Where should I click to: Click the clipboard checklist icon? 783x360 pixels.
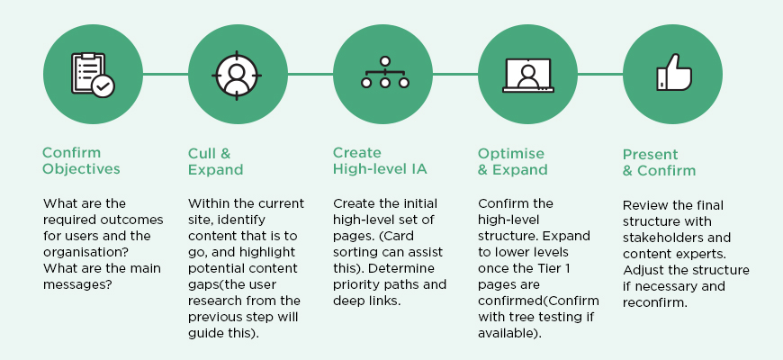pos(93,75)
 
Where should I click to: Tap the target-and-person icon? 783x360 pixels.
pos(238,76)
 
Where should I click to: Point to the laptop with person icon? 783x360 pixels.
pos(527,76)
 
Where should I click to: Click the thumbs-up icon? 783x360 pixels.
pos(673,72)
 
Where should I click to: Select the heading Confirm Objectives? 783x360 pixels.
pos(81,161)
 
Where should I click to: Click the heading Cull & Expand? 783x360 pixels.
pos(215,161)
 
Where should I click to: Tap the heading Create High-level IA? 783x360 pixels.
pos(380,161)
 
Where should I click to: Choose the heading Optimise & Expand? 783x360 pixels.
pos(512,161)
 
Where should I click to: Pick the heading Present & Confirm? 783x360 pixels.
pos(659,162)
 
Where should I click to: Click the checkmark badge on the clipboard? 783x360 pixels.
pos(103,86)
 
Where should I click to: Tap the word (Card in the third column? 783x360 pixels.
pos(396,236)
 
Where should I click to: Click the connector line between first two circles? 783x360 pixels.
pos(166,75)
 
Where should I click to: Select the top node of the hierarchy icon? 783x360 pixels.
pos(384,61)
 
